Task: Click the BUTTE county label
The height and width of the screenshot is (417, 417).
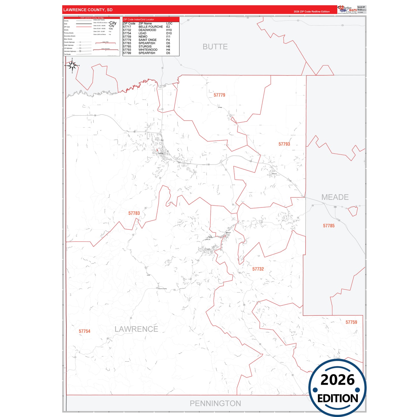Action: click(x=215, y=47)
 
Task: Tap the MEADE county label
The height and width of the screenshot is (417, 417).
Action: click(x=335, y=197)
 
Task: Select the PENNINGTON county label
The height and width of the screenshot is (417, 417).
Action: click(x=215, y=403)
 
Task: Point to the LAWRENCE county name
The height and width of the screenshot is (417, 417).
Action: click(x=136, y=329)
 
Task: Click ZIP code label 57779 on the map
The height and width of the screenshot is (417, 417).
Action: click(x=219, y=95)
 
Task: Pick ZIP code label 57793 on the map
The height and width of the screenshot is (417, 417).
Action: click(x=284, y=144)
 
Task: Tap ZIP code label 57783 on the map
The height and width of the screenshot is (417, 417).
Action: click(x=134, y=213)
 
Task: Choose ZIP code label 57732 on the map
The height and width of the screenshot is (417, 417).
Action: click(x=258, y=269)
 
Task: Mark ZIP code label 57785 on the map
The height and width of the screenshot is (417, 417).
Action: click(x=329, y=226)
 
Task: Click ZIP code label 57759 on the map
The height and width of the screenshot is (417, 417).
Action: click(x=351, y=322)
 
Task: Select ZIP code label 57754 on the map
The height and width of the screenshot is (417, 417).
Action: click(x=85, y=331)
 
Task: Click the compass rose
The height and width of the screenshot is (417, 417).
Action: click(x=72, y=66)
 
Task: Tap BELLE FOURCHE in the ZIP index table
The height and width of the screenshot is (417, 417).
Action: click(x=151, y=27)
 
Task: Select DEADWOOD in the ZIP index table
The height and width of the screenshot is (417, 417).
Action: click(x=147, y=30)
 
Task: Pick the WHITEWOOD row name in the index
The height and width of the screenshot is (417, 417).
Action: click(x=148, y=50)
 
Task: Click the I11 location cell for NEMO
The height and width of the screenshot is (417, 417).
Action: click(x=168, y=37)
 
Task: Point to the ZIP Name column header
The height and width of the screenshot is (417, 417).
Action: click(x=145, y=23)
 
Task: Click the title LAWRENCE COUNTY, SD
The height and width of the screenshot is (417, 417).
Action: click(x=88, y=10)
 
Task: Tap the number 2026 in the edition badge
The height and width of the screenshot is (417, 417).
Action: click(x=337, y=380)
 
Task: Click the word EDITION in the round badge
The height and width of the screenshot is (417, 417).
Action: click(x=337, y=399)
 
